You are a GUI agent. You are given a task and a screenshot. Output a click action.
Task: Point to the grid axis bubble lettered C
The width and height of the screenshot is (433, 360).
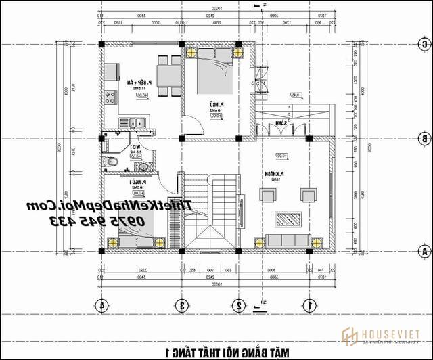coord(424,44)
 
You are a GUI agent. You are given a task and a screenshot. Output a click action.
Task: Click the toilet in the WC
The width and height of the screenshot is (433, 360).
coord(112,162)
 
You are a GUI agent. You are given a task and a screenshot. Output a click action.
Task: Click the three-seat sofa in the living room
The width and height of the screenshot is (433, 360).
coord(288,240)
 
